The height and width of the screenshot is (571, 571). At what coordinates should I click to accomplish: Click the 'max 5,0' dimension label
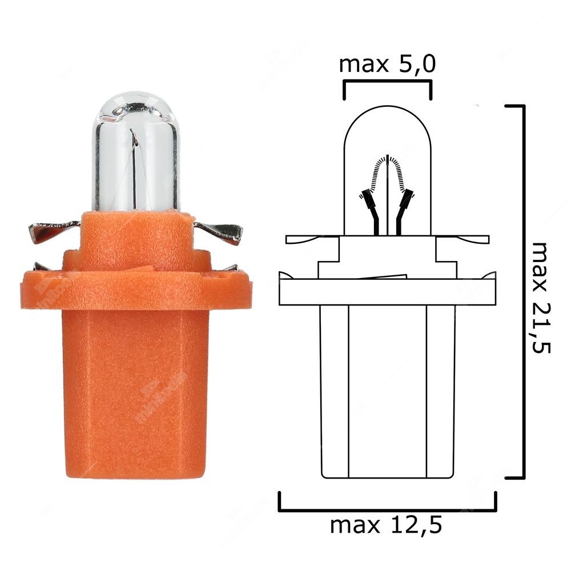coord(387,65)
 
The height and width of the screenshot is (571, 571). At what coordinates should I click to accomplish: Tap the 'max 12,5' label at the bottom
coord(387,524)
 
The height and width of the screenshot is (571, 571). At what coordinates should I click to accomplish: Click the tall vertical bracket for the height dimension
coord(522,291)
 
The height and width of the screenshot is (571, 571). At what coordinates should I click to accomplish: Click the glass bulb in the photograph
coord(135,154)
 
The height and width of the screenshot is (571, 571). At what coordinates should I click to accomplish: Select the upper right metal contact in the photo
coord(220,231)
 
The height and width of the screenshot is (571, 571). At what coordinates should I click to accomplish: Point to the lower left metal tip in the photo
coord(43,267)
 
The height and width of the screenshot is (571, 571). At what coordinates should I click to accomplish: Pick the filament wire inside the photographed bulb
coord(135,166)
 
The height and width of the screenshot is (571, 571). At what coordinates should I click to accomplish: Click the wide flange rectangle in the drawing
coord(387,292)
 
